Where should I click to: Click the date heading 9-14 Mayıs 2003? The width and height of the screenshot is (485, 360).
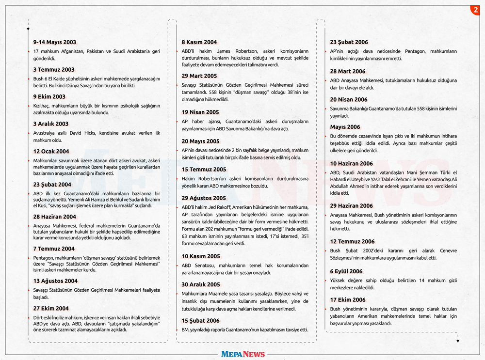pos(54,43)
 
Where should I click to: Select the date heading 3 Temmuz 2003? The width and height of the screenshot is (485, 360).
pos(54,70)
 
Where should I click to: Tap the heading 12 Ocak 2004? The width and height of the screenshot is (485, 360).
pos(51,152)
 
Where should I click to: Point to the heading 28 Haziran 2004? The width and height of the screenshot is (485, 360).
pos(54,217)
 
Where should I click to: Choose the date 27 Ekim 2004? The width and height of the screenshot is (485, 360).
pos(51,308)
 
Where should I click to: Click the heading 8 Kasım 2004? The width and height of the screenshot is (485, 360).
pos(199,43)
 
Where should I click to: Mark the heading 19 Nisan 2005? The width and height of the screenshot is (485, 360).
pos(200,112)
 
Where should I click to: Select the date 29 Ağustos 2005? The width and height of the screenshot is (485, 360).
pos(204,198)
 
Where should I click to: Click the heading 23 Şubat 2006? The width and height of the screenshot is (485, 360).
pos(349,43)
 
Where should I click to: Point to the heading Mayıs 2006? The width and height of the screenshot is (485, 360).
pos(345,127)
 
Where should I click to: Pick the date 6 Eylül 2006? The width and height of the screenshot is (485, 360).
pos(346,271)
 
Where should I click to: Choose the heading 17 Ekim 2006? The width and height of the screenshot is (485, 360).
pos(348,300)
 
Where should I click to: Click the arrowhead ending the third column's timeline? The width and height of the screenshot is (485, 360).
pos(457,341)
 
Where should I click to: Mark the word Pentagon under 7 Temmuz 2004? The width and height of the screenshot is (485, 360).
pos(43,257)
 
